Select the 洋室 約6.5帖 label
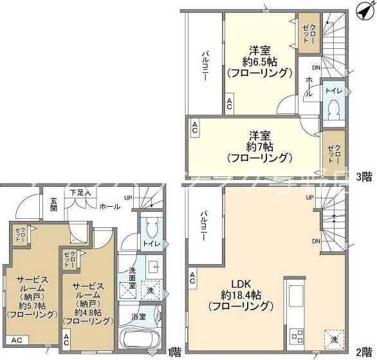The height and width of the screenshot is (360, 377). (260, 62)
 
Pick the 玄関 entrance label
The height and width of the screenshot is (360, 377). (54, 204)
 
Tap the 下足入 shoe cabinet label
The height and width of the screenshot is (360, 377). (80, 192)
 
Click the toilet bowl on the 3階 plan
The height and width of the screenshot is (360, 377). (333, 109)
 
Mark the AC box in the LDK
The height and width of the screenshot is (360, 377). (192, 278)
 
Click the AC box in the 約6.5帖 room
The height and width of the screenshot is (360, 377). (230, 102)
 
